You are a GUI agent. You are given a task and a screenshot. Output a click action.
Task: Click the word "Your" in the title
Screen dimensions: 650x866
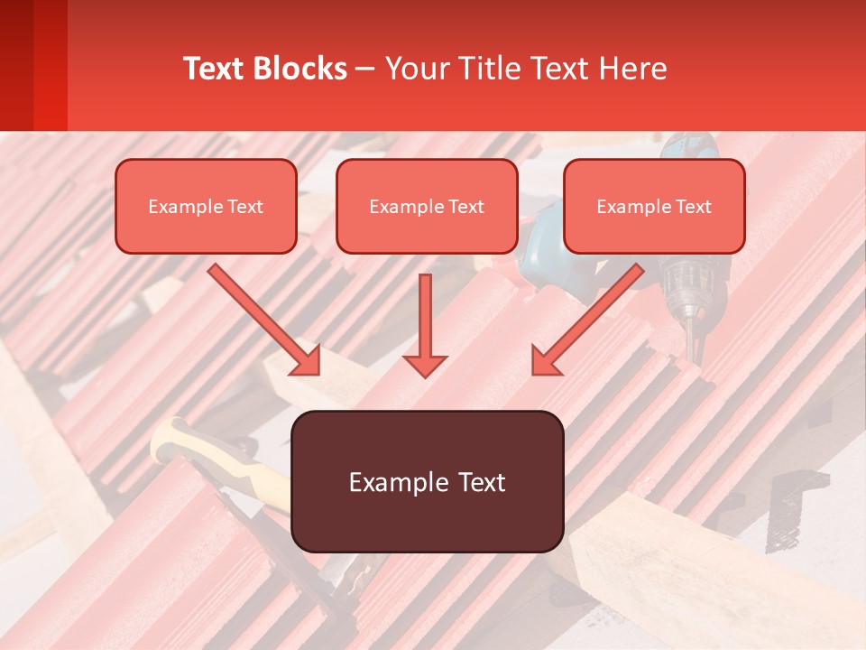coord(416,69)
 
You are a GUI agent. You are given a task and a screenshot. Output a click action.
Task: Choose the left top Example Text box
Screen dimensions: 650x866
coord(206,207)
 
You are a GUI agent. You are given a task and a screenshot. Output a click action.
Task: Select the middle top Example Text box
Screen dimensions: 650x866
coord(427,207)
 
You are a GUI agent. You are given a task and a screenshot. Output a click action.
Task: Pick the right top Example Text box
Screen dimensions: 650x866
coord(654,207)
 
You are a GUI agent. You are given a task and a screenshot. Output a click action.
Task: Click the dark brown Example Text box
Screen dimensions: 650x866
coord(427,481)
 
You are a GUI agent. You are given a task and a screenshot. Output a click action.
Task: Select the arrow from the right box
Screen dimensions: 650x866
coord(587,320)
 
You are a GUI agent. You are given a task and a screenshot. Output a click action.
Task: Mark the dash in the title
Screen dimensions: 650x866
coord(365,70)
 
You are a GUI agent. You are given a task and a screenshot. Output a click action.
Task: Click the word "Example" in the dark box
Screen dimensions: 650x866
coord(389,482)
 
